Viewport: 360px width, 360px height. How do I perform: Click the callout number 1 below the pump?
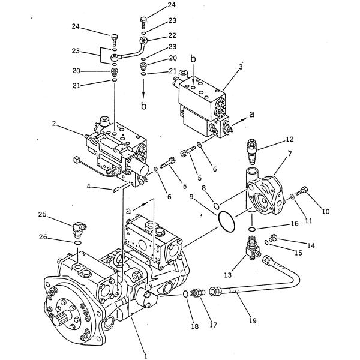coord(145,356)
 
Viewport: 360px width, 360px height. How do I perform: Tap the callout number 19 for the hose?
coord(253,320)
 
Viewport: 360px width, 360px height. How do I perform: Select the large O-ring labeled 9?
coord(226,222)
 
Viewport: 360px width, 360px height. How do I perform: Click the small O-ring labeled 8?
coord(217,206)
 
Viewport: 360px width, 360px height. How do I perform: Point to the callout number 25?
coord(42,214)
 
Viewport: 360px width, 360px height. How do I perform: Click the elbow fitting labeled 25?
coord(79,228)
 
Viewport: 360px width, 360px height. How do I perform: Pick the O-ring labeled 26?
coord(77,242)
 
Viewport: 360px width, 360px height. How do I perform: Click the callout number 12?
coord(290,139)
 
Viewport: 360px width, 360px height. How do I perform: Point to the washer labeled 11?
coord(292,197)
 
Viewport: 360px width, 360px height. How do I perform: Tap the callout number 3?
coord(241,67)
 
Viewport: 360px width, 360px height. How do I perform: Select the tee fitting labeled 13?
coord(253,248)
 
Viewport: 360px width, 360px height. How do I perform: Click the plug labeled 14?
coord(274,238)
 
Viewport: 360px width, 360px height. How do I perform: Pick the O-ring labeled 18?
coord(185,293)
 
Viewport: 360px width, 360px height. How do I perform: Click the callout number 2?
coord(54,124)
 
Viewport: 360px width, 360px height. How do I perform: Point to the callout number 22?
coord(172,35)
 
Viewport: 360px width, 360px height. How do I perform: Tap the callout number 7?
coord(290,154)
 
